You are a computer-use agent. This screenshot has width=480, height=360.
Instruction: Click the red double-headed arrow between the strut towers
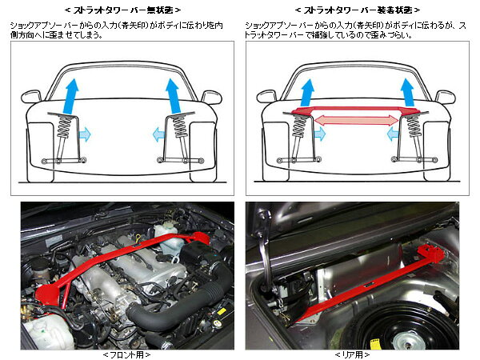click(x=356, y=120)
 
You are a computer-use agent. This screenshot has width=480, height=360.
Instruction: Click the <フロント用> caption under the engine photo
click(x=126, y=354)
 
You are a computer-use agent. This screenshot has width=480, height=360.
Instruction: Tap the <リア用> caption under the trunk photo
click(x=352, y=354)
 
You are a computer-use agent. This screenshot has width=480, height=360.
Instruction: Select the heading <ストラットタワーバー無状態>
click(x=122, y=10)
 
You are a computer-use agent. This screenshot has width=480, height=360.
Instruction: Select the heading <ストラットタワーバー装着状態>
click(x=358, y=10)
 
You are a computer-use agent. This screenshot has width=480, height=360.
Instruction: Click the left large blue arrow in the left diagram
click(x=70, y=96)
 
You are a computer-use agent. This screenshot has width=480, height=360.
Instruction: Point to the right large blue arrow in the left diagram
click(x=174, y=96)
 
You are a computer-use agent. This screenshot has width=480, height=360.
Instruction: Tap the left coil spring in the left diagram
click(x=65, y=126)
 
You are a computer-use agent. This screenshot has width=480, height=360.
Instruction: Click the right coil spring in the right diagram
click(x=413, y=126)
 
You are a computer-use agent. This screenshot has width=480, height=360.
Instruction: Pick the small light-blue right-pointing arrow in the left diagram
click(x=85, y=134)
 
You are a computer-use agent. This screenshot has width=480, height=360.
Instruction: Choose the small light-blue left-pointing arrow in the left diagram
click(x=158, y=134)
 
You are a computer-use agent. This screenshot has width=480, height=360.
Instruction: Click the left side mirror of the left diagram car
click(x=31, y=96)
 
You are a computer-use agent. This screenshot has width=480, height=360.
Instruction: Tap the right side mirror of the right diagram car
click(x=446, y=97)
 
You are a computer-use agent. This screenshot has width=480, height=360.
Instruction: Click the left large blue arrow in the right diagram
click(x=307, y=93)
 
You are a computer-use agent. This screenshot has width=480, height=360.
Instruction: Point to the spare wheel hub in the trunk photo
click(x=408, y=340)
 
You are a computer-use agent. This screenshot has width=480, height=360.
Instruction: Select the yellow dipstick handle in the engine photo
click(x=138, y=238)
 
